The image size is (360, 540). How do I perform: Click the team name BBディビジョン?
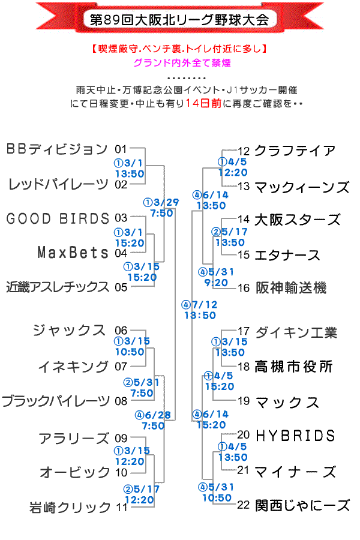(56, 149)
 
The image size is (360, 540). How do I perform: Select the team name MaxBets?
(72, 252)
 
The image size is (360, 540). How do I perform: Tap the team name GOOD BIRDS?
(58, 218)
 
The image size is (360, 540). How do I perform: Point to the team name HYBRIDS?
(295, 435)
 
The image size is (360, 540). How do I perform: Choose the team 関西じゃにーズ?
(302, 506)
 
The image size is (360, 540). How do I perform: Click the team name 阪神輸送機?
(290, 288)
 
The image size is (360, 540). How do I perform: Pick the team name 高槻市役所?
(293, 366)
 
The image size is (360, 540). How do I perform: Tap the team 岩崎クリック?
(70, 508)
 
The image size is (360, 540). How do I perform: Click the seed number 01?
(121, 149)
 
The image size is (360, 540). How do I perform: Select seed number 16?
(244, 288)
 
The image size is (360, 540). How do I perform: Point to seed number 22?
(244, 505)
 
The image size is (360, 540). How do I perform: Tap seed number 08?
(121, 401)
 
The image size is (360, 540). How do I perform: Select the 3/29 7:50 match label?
(161, 208)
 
